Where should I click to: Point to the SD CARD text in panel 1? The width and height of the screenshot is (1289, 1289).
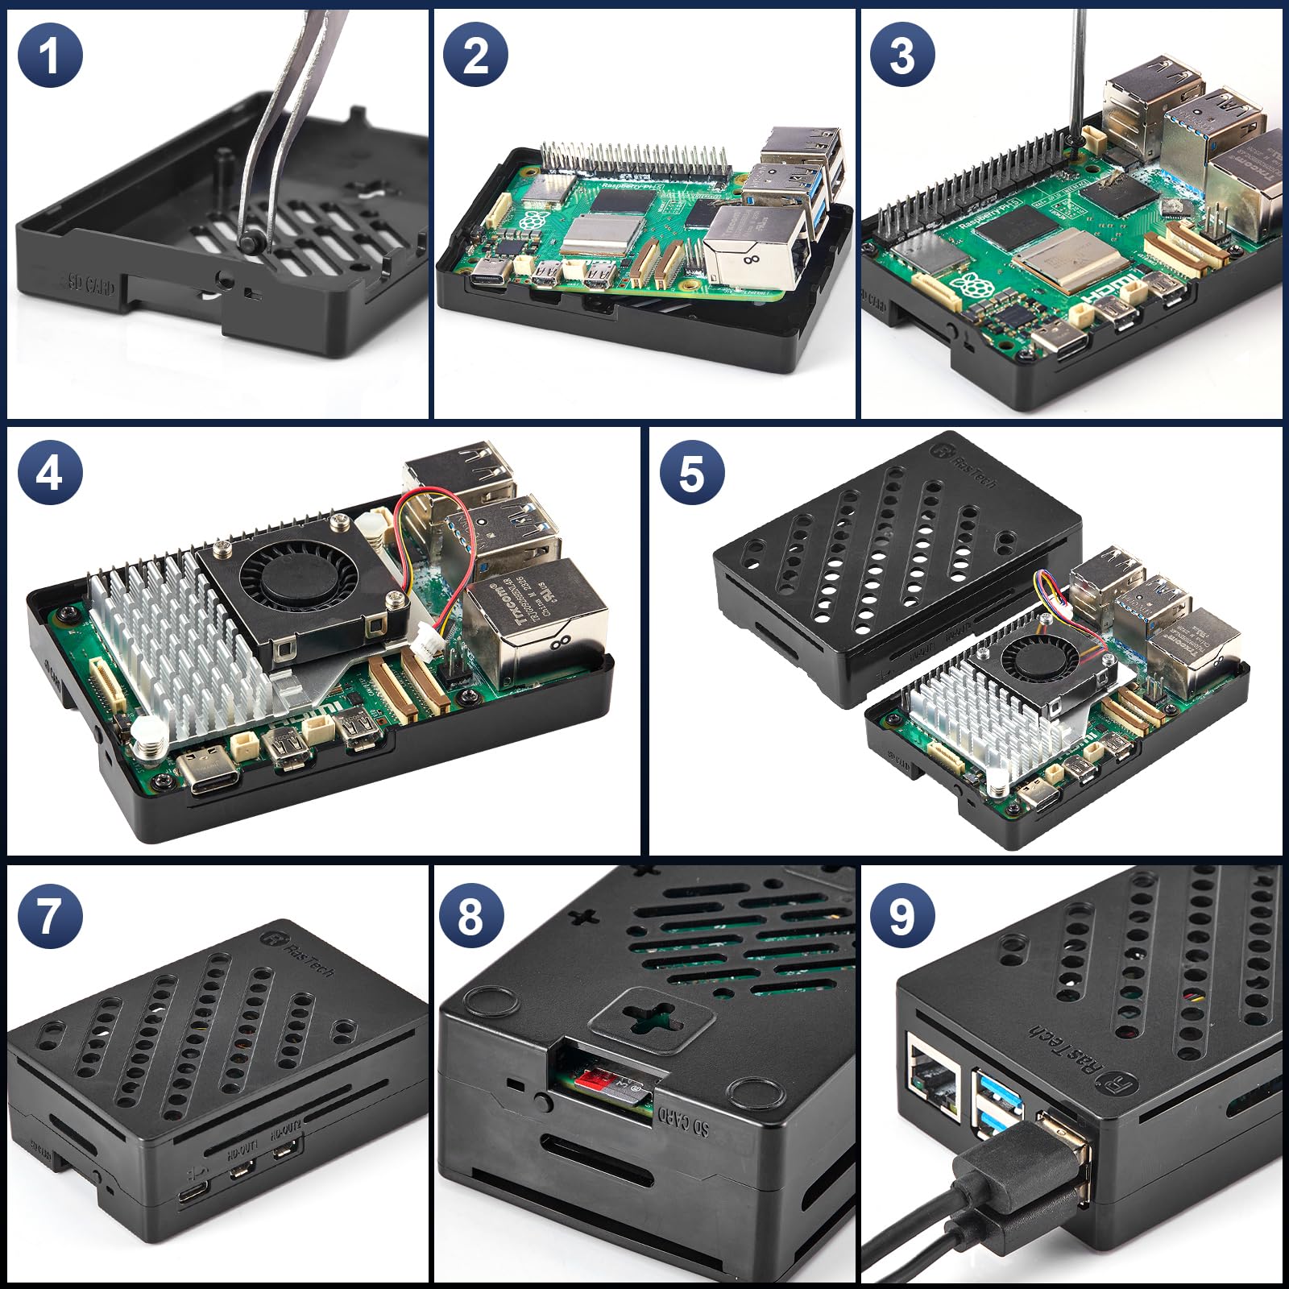(x=90, y=284)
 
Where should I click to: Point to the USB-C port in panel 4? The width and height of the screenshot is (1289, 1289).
(x=206, y=769)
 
